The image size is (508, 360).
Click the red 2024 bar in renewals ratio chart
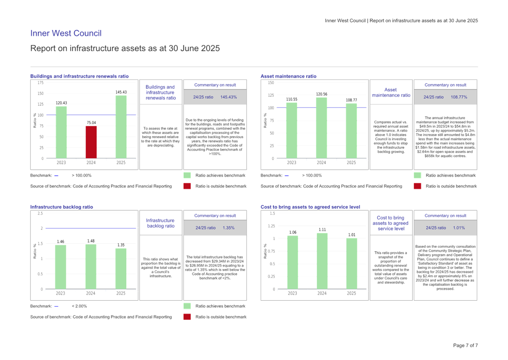click(91, 142)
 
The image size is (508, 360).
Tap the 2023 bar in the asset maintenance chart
click(291, 130)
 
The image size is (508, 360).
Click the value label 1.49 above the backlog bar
click(91, 241)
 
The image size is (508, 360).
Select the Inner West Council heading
click(66, 34)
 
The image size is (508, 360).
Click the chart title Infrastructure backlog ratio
click(61, 207)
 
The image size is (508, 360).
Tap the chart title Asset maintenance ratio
click(288, 76)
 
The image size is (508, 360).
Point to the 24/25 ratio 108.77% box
click(445, 97)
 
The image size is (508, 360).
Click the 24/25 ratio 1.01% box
click(445, 228)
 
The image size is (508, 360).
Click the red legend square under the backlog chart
click(187, 317)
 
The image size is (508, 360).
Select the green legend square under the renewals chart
click(187, 175)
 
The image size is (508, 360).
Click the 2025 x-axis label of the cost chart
click(352, 293)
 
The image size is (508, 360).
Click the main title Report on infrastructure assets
click(125, 48)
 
